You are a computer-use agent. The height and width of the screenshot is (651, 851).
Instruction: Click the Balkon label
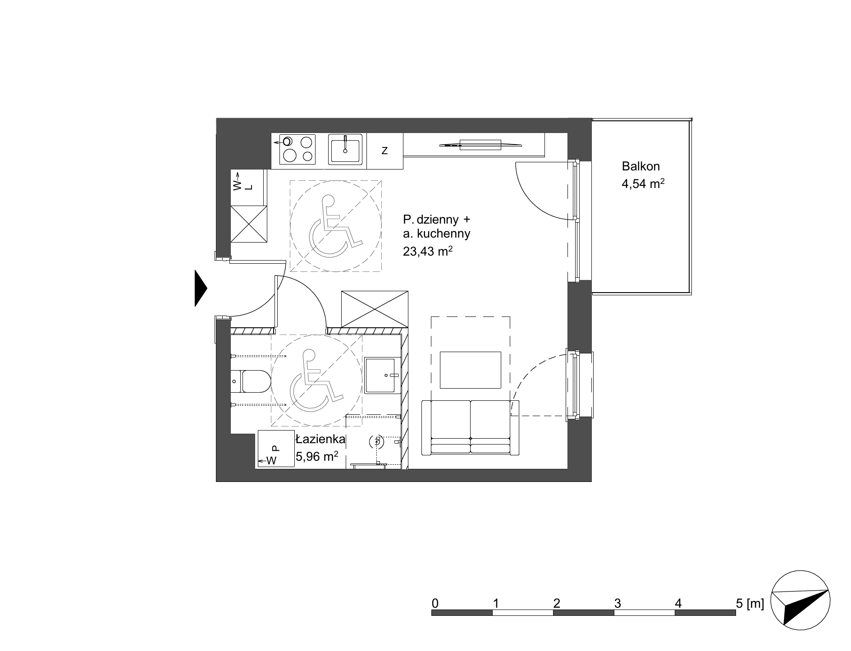[641, 166]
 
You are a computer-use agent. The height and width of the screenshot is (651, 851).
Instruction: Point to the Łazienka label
[320, 439]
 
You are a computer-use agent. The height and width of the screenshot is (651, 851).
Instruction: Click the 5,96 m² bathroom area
[317, 457]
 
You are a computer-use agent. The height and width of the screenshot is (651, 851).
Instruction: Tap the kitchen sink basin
[345, 150]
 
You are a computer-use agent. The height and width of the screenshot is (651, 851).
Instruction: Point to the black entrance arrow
[201, 288]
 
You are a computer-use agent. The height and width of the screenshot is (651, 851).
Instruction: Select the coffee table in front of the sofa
[471, 370]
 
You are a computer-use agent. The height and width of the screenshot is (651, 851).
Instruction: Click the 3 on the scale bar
[618, 603]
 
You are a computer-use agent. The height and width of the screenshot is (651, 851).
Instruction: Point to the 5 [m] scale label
[750, 603]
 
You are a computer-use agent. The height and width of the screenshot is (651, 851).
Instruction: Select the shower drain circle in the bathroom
[376, 442]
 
